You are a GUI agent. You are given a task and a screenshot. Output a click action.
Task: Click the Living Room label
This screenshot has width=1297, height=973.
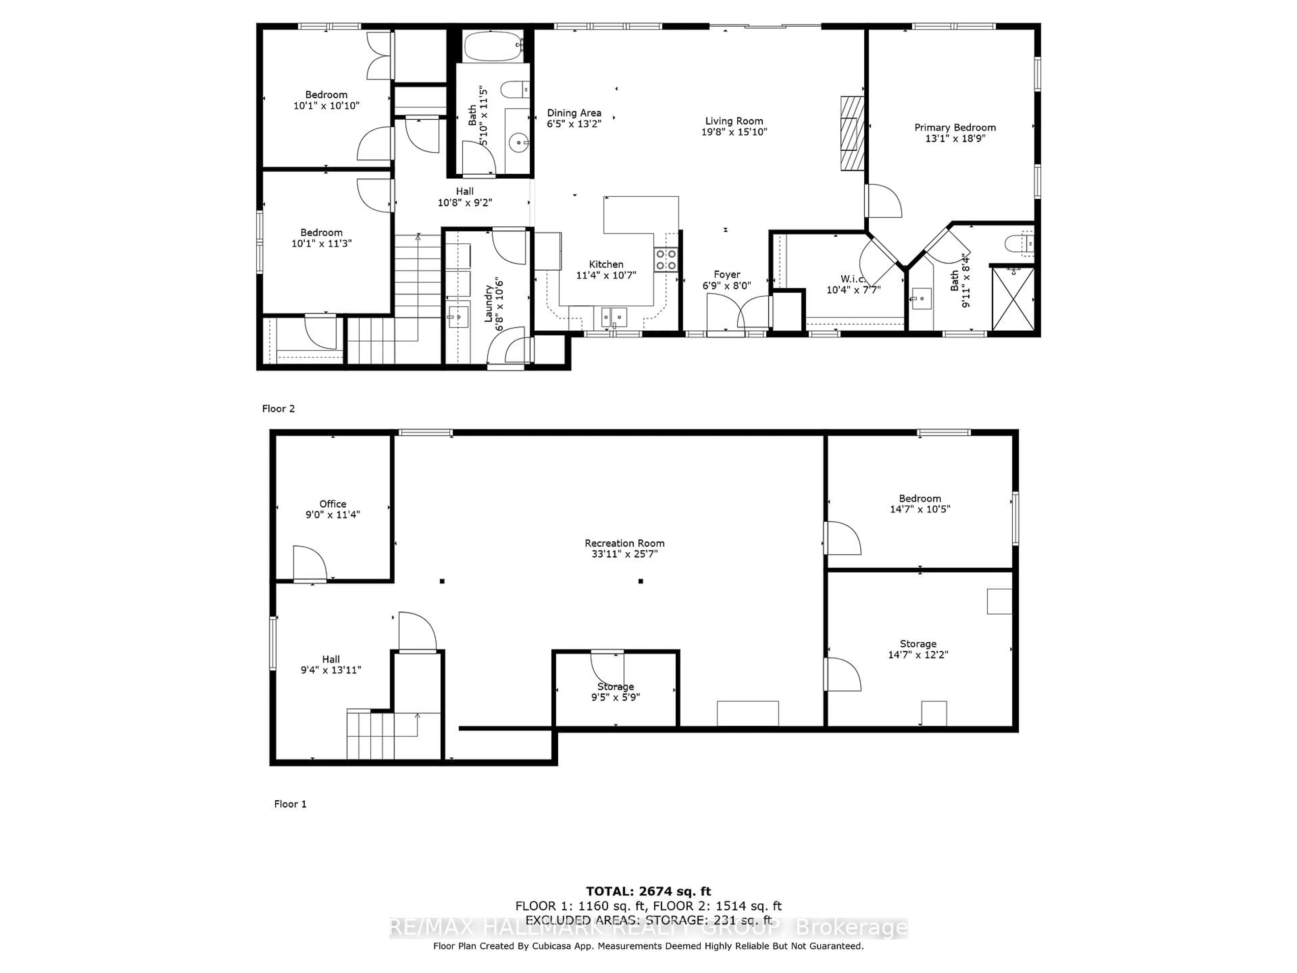[734, 121]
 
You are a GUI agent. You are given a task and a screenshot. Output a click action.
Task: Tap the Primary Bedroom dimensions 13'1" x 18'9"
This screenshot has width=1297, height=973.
[955, 139]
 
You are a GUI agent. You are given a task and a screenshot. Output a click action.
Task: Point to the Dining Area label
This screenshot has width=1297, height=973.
[574, 113]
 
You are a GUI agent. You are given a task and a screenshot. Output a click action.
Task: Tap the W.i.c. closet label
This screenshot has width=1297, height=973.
[853, 279]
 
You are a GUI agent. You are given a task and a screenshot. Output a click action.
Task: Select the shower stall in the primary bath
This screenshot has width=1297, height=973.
[1013, 299]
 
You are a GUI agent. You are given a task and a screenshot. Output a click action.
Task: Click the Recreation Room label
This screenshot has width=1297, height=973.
[625, 543]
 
